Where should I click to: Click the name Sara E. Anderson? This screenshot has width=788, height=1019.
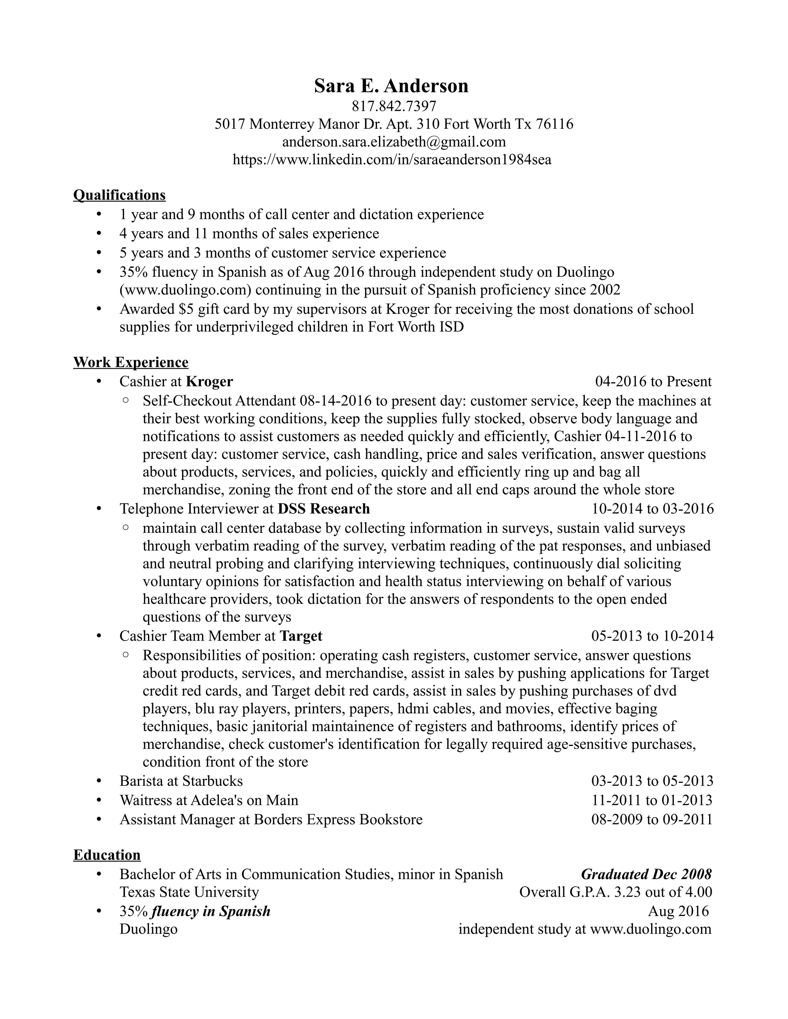[x=391, y=86]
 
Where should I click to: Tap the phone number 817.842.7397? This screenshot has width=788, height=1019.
[x=394, y=107]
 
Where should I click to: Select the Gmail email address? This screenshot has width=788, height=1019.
[x=394, y=142]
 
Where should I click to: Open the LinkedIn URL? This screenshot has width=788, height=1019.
[x=392, y=160]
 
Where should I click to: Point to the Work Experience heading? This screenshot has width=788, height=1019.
[x=131, y=362]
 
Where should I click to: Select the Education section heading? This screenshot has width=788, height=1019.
[x=107, y=855]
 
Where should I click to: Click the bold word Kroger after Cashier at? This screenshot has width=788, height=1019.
[x=209, y=382]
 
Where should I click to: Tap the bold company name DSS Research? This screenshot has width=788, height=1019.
[x=324, y=509]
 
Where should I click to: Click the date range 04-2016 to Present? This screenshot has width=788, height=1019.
[x=653, y=382]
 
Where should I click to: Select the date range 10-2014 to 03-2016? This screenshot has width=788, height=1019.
[x=652, y=509]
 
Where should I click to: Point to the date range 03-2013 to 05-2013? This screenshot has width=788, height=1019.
[x=652, y=781]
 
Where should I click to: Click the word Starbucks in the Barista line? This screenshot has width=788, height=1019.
[x=212, y=781]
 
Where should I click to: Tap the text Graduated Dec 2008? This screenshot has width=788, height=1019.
[x=646, y=874]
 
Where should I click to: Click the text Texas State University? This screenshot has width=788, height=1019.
[x=189, y=892]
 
